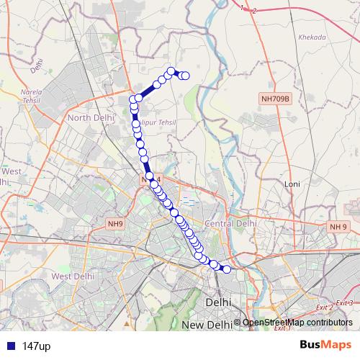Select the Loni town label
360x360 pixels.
[x=292, y=184]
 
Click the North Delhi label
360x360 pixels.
[x=90, y=117]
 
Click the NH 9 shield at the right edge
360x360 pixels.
[x=338, y=227]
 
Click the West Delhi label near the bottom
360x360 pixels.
[x=73, y=276]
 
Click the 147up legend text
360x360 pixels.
[x=36, y=346]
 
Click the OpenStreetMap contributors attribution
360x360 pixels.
[x=297, y=323]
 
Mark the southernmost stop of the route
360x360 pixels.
[x=227, y=270]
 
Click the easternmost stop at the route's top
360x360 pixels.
[x=186, y=76]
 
